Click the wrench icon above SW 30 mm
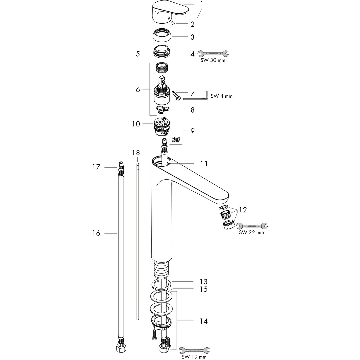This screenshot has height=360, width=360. point(213,53)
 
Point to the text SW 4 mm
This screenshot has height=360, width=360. point(222,96)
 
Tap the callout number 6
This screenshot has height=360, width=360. point(138,90)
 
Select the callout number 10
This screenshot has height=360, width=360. point(136,124)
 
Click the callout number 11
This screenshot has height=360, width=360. point(204,164)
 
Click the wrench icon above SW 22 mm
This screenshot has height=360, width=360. point(252,226)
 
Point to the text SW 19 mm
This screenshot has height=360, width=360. point(194,357)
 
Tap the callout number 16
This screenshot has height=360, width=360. point(96,233)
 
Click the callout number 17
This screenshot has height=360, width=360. point(96,167)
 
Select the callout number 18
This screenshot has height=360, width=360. point(136,153)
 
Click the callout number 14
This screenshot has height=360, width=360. point(204,321)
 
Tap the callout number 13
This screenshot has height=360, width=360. point(204,282)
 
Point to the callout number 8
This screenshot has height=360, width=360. point(192,110)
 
